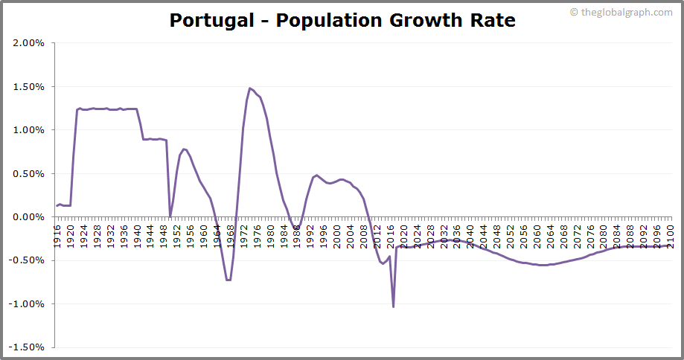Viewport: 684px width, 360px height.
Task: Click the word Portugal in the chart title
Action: click(x=211, y=20)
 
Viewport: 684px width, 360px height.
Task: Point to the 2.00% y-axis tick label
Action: click(x=29, y=43)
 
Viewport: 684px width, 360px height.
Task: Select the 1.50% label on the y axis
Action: click(x=29, y=86)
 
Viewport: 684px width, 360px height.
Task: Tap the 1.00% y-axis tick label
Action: click(x=29, y=130)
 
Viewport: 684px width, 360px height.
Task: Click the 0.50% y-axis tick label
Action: click(x=29, y=173)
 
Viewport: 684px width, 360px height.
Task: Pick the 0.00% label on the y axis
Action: click(x=29, y=217)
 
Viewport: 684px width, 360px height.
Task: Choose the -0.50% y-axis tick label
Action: click(x=28, y=260)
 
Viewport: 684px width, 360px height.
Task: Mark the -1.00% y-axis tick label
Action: click(x=28, y=304)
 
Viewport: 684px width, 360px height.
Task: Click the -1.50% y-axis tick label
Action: click(x=28, y=347)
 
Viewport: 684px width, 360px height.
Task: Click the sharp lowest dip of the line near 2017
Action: click(x=393, y=306)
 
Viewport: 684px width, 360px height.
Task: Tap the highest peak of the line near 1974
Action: click(x=250, y=89)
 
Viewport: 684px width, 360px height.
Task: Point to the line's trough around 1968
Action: click(x=228, y=280)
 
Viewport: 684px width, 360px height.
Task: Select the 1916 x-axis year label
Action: click(x=57, y=234)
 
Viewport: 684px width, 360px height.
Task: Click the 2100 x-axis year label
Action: click(x=671, y=234)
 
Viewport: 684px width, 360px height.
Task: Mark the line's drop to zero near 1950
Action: click(x=170, y=216)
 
